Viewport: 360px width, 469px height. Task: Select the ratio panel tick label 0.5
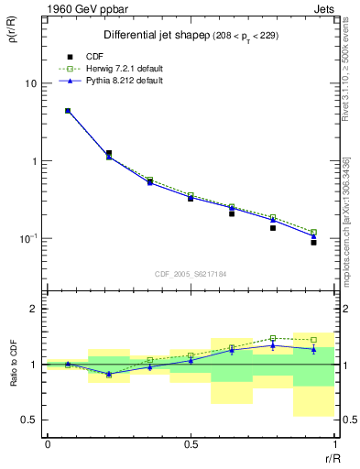click(32, 420)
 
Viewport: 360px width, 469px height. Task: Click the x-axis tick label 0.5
click(191, 444)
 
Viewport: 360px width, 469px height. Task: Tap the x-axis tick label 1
click(334, 444)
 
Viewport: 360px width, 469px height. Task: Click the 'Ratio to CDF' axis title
click(13, 365)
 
